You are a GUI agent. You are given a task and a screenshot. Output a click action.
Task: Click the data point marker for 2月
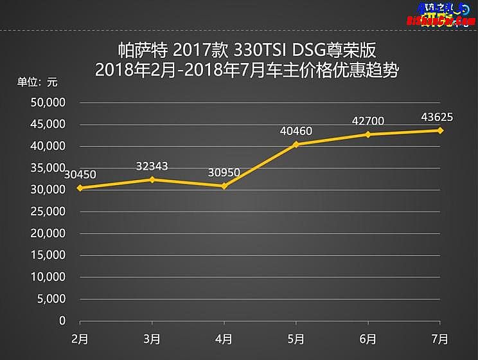[79, 188]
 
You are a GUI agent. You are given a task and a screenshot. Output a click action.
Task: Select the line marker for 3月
[152, 179]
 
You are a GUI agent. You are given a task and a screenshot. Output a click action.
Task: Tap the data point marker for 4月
[224, 186]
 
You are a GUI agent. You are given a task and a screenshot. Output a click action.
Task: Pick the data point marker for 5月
[296, 144]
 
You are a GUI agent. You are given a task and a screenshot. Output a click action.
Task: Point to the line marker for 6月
[368, 134]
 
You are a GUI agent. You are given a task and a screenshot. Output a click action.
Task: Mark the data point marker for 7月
[440, 130]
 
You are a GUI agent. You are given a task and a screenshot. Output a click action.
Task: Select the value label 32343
[152, 166]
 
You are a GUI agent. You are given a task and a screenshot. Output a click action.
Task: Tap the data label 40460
[296, 131]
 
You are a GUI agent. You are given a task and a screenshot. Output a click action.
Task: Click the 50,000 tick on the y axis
[48, 102]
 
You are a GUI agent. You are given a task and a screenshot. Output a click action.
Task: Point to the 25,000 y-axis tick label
[48, 212]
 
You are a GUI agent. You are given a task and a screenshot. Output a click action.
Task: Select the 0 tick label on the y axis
[62, 320]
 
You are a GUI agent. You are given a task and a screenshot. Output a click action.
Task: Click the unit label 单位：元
[37, 82]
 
